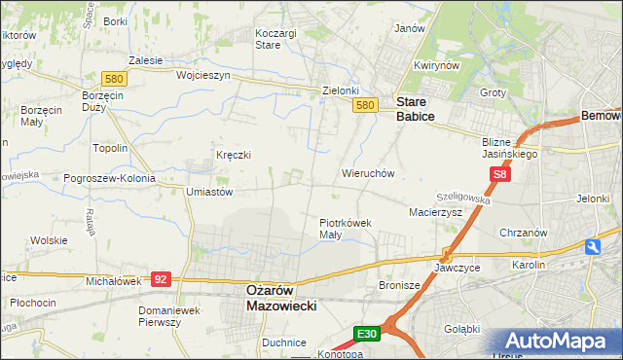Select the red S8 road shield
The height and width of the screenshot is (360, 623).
point(500,175)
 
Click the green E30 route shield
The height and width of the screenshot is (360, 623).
point(366,334)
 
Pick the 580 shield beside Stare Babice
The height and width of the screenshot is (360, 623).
point(365,105)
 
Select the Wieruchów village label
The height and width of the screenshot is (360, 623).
point(367,173)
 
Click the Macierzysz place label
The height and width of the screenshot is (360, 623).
point(435,211)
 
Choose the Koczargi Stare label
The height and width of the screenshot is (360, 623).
point(275,38)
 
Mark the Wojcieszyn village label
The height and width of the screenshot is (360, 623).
point(202,75)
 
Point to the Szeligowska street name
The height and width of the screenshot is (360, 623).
point(464,197)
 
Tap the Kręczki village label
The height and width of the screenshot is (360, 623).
point(234,155)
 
